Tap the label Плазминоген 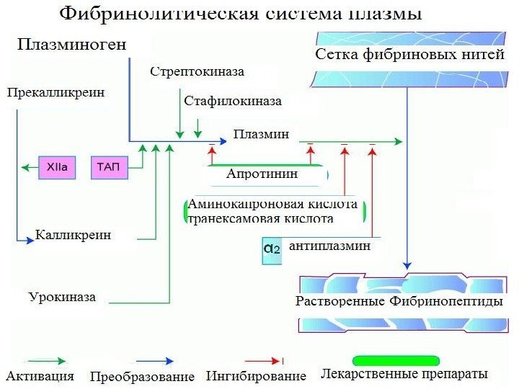(x=71, y=45)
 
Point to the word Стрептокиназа (x=197, y=71)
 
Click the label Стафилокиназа (x=232, y=102)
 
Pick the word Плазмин (x=261, y=134)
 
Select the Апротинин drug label (x=262, y=174)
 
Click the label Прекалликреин (x=56, y=92)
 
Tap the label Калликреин (x=73, y=236)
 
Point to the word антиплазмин (x=329, y=246)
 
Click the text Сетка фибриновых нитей (x=409, y=55)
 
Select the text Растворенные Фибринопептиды (x=399, y=301)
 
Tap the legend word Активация (x=40, y=375)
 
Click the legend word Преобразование (x=142, y=377)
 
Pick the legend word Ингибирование (x=256, y=376)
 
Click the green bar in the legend (x=395, y=360)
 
